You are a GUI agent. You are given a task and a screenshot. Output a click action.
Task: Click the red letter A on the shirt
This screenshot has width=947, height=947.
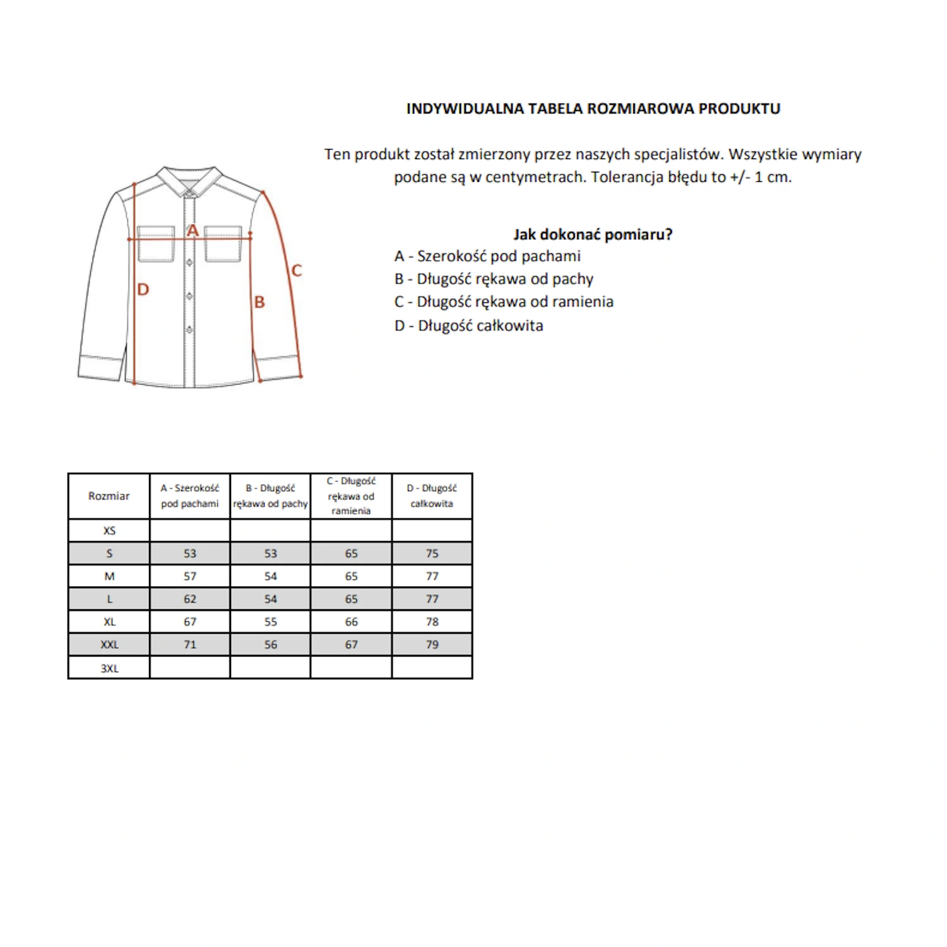coord(193,230)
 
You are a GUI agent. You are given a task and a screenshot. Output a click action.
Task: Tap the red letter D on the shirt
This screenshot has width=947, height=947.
coord(143,290)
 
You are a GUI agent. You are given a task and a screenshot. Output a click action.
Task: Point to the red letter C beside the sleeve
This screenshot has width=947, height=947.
coord(297,271)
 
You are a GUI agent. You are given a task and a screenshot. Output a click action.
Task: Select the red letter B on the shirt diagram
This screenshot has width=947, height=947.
coord(259,302)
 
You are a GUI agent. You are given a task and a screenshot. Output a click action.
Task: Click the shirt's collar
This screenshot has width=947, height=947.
coord(189,180)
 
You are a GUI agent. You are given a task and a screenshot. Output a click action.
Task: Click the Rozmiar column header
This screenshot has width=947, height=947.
coord(109,496)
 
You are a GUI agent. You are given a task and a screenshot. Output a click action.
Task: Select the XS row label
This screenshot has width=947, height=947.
coord(109,531)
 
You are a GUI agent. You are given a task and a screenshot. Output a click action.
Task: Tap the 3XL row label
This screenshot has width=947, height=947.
coord(109,669)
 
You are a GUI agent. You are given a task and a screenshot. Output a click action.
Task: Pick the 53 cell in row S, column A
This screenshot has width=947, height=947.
coord(190,554)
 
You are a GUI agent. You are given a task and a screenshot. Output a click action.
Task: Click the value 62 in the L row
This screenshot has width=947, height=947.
coord(190,599)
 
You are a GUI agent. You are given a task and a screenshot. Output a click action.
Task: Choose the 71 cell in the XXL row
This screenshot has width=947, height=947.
coord(190,645)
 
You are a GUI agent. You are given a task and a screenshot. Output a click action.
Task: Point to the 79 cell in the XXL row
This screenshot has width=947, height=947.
coord(432,645)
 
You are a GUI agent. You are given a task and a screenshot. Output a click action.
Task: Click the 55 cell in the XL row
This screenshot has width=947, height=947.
coord(271,622)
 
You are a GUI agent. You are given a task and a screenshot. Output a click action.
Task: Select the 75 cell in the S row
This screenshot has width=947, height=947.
coord(432,554)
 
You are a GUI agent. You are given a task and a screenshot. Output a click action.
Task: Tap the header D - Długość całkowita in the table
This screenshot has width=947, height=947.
coord(432,496)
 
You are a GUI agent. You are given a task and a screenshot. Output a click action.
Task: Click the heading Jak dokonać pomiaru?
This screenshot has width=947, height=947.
coord(593,235)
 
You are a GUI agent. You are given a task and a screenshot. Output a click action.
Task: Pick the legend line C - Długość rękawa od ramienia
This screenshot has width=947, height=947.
coord(504,302)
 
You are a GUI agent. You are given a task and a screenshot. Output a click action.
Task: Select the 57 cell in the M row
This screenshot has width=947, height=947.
coord(190,576)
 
